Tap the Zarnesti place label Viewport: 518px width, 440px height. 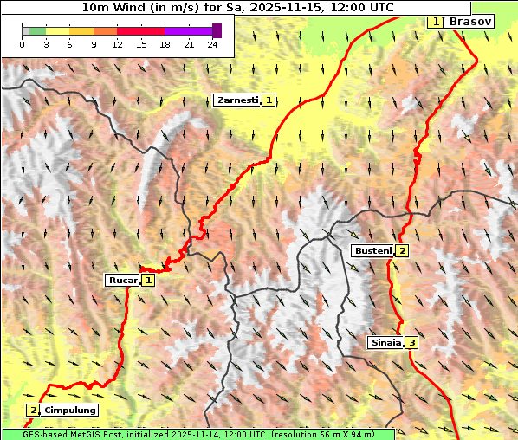point(237,100)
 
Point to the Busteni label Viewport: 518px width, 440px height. point(372,250)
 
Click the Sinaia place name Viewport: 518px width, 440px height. point(385,342)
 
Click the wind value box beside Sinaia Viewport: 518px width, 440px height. point(411,342)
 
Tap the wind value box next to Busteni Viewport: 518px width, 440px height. point(402,250)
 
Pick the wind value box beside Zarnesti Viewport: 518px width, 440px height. point(269,100)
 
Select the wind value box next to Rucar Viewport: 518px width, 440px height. point(149,280)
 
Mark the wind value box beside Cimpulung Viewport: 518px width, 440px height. point(33,410)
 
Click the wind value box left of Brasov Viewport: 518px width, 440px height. point(435,21)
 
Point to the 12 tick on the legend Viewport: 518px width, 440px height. point(117,43)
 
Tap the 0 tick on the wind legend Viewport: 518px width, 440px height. point(22,43)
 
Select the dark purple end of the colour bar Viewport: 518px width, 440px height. point(217,30)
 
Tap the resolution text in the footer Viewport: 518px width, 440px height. point(333,434)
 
